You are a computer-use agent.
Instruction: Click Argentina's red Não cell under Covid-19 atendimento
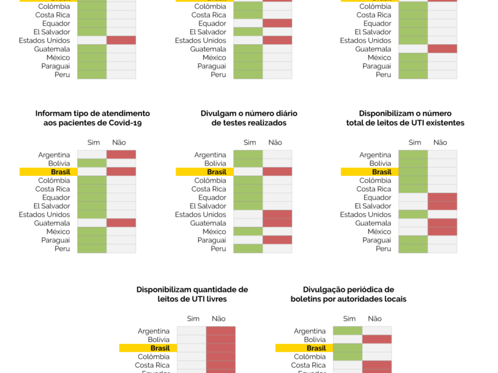pos(121,154)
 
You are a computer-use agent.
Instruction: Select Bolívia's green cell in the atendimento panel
pos(92,163)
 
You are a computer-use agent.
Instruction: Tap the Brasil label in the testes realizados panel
pos(217,172)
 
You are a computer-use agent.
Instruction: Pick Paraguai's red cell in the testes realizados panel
pos(277,240)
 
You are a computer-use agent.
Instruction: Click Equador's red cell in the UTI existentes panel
pos(442,197)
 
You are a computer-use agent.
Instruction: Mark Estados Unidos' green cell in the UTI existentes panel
pos(413,214)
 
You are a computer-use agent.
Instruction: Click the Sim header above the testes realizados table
pos(250,142)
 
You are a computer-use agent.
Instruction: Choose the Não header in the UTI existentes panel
pos(440,142)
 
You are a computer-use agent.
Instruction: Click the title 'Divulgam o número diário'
pos(248,114)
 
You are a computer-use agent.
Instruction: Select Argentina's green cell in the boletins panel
pos(347,331)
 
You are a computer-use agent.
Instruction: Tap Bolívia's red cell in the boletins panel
pos(377,339)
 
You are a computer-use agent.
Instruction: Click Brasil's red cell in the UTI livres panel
pos(220,348)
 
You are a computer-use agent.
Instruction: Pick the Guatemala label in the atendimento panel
pos(54,223)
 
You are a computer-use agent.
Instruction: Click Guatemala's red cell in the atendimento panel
pos(121,223)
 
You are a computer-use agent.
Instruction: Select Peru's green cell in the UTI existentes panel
pos(413,249)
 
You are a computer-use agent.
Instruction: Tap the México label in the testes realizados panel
pos(215,231)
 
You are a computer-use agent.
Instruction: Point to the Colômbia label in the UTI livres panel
pos(154,357)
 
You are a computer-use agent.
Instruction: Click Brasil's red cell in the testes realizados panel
pos(277,172)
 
